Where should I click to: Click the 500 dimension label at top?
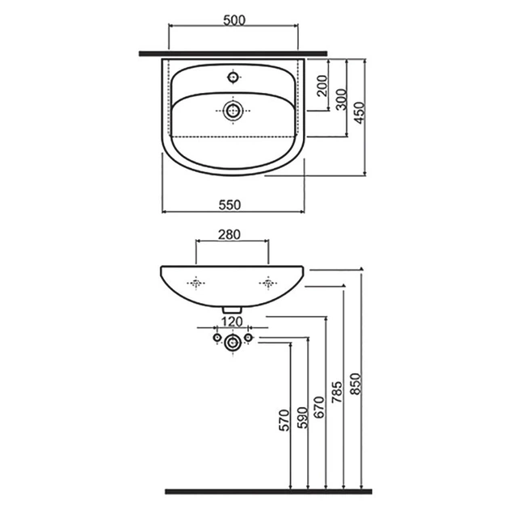click(234, 20)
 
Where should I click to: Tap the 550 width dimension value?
click(229, 205)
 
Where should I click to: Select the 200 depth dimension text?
click(322, 86)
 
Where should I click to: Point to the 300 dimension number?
click(342, 99)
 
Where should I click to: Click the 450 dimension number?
click(360, 112)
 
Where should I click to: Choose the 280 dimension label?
click(229, 234)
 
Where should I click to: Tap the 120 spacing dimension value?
click(232, 322)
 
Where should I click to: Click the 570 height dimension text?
click(284, 420)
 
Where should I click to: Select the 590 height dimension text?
click(302, 418)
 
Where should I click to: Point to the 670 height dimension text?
click(319, 407)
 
